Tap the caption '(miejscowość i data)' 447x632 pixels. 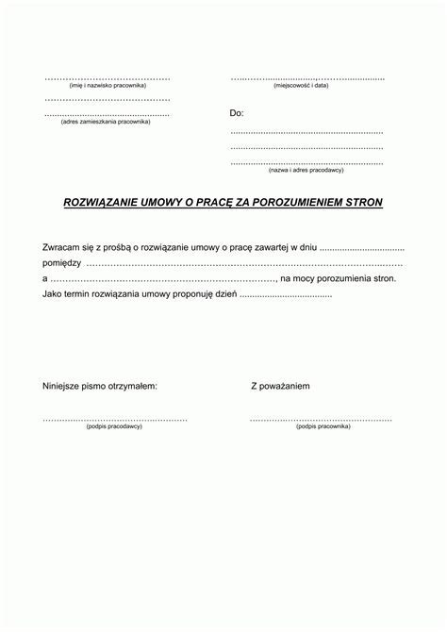point(301,86)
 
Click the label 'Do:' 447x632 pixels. point(237,113)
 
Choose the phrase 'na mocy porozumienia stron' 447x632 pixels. point(339,279)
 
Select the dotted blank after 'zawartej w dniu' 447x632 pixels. point(361,248)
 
